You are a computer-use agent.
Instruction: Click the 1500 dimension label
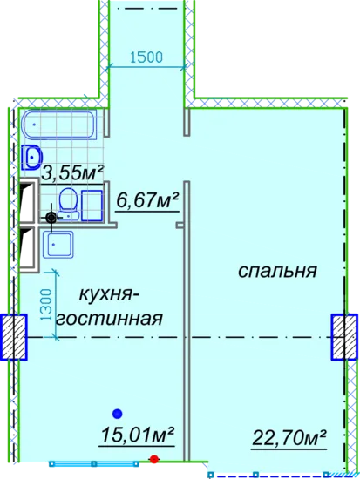point(146,57)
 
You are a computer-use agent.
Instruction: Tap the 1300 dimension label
point(47,304)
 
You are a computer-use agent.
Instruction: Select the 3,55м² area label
point(73,172)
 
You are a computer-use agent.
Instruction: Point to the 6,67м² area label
point(147,201)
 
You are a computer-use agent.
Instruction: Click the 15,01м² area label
point(138,435)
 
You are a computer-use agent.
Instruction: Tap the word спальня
point(277,271)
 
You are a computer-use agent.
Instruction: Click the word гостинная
point(109,319)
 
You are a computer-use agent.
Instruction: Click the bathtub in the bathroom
point(59,125)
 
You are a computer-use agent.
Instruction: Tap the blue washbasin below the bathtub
point(31,158)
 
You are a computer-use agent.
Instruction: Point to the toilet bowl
point(68,204)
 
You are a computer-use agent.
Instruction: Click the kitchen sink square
point(58,245)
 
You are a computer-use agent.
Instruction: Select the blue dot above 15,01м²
point(118,414)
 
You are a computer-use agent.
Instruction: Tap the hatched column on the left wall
point(13,337)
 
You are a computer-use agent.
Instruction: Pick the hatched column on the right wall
point(344,337)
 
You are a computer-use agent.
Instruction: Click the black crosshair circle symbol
point(51,218)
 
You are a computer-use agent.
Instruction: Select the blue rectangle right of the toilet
point(92,205)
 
